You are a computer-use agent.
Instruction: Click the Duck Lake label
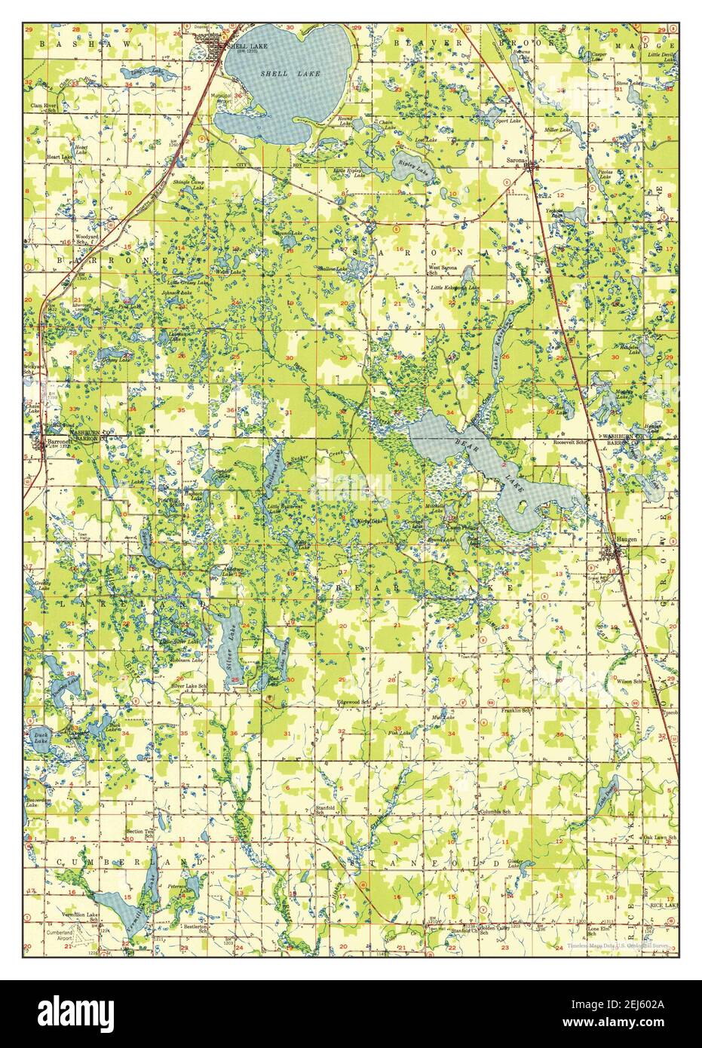[38, 738]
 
